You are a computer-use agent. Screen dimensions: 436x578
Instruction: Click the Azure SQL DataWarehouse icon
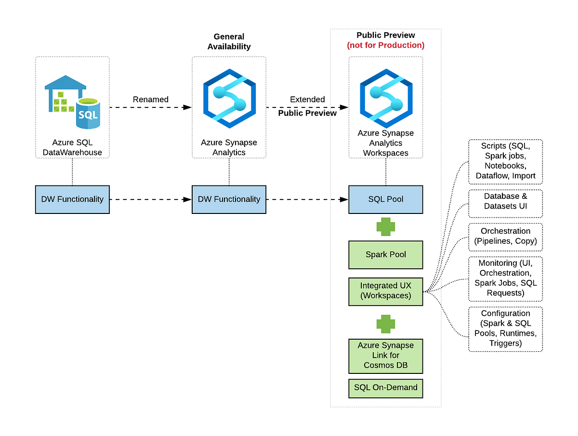click(72, 102)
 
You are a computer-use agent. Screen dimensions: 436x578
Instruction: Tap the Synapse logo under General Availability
click(229, 98)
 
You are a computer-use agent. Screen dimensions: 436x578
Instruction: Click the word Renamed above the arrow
click(151, 99)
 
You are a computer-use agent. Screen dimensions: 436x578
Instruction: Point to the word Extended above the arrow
click(307, 99)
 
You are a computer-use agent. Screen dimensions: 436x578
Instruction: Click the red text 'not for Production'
click(385, 45)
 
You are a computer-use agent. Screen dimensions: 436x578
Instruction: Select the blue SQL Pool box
click(386, 199)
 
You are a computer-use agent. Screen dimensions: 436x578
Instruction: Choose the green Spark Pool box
click(386, 254)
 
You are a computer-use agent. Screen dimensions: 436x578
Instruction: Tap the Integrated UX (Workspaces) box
click(386, 291)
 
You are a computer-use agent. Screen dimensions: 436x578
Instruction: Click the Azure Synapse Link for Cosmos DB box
click(386, 356)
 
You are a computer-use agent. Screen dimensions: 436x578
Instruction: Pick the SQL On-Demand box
click(386, 388)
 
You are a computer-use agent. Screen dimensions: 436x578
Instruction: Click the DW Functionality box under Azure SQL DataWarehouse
click(72, 199)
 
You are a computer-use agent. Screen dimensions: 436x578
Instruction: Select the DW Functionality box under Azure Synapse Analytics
click(229, 199)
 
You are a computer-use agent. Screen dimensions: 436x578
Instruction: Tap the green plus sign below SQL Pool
click(386, 226)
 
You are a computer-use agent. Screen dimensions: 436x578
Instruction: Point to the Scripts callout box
click(505, 161)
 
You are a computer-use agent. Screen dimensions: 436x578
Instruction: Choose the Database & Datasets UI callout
click(505, 201)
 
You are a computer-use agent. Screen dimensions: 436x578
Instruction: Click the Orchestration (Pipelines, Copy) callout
click(505, 237)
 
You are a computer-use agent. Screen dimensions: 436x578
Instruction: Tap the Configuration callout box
click(505, 329)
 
